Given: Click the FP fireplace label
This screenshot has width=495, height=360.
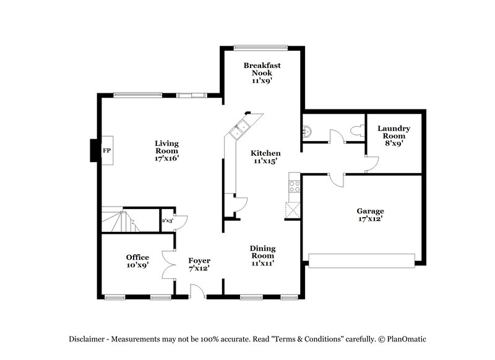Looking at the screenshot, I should pos(106,150).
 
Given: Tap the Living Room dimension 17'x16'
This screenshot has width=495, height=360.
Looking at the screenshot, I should pos(166,158).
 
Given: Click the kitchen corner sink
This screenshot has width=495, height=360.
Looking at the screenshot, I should pos(239,129).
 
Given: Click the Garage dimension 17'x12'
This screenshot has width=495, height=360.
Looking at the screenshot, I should pos(371,219).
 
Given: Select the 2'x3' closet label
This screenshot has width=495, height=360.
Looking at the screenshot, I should pos(167,220).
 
